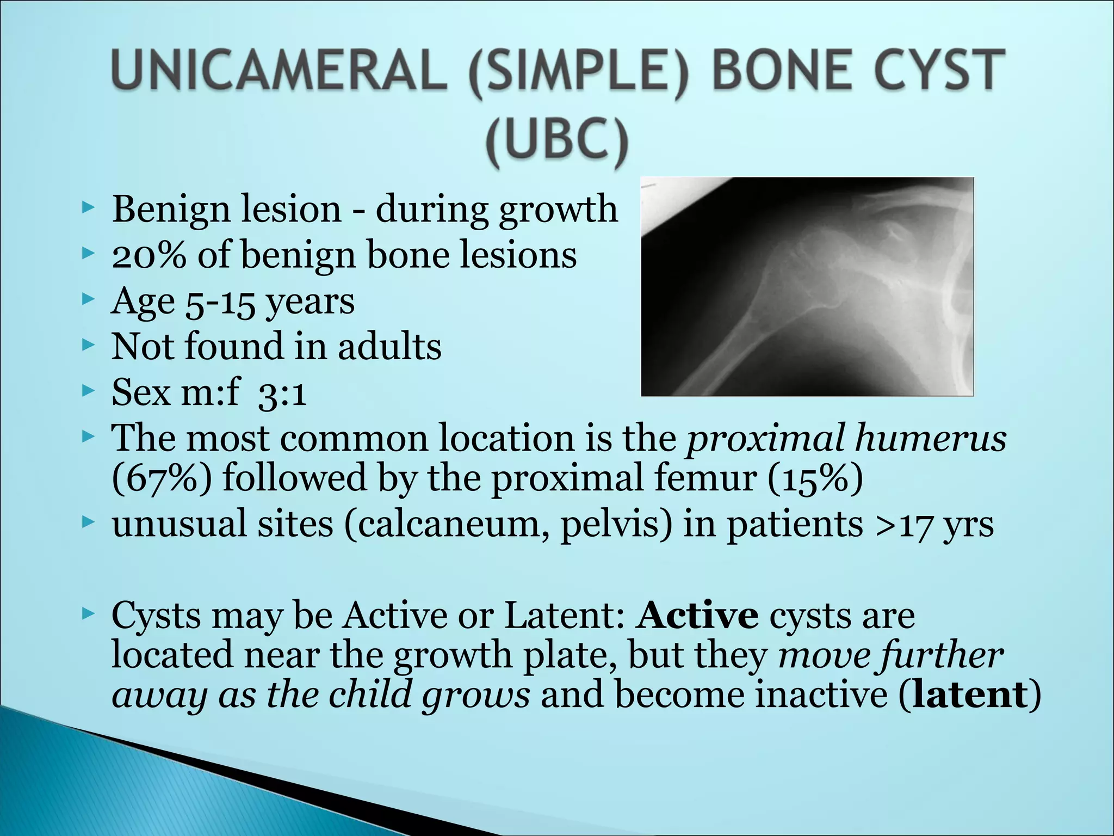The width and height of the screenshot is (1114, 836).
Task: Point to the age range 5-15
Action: [x=220, y=303]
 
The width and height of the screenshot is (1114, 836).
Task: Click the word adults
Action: [x=389, y=347]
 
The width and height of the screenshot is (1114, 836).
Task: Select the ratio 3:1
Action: [x=282, y=393]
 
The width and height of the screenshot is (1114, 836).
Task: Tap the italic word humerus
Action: [x=931, y=438]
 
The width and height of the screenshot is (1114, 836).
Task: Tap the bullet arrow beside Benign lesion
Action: [x=88, y=207]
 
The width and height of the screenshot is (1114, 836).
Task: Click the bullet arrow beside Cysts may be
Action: [x=88, y=614]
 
